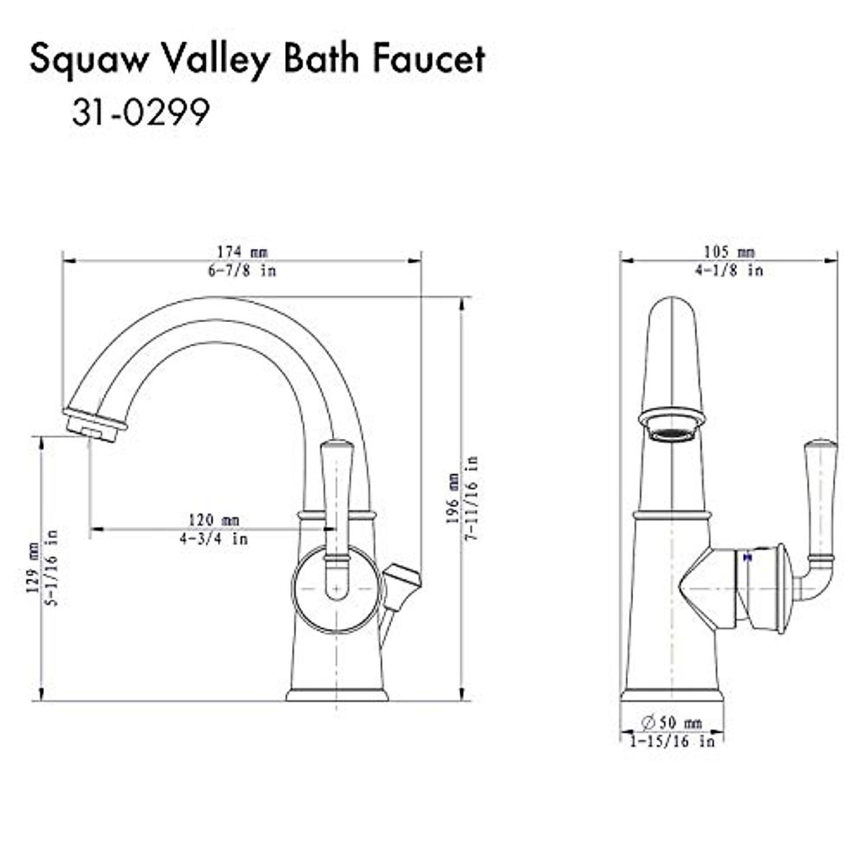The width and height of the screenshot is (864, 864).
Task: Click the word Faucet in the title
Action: [429, 60]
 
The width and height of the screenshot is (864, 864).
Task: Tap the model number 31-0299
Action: [140, 112]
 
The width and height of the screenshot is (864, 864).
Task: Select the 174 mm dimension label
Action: [242, 253]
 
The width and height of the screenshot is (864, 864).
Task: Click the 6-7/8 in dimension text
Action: [242, 271]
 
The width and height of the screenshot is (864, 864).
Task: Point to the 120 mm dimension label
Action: [214, 520]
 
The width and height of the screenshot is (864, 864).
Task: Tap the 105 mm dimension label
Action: [729, 252]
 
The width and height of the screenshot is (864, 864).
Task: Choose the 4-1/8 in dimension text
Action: [729, 271]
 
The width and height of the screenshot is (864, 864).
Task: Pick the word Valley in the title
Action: [216, 60]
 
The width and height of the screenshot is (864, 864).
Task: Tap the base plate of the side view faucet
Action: [336, 696]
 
